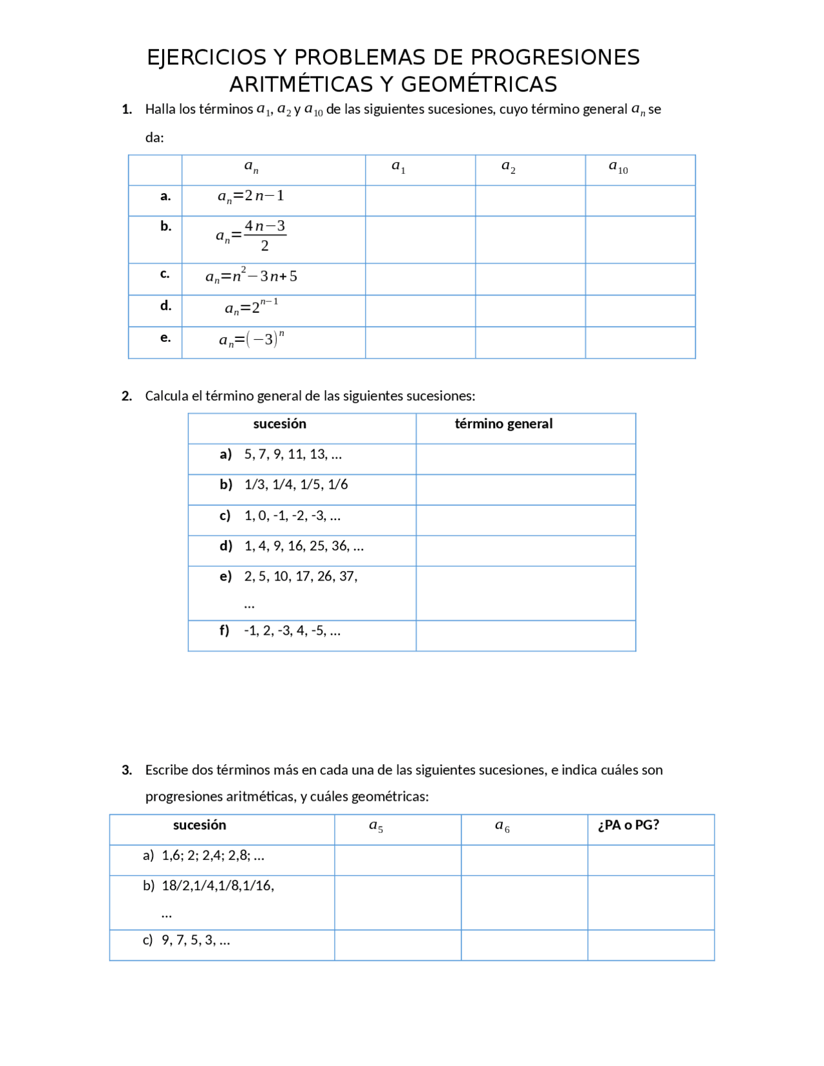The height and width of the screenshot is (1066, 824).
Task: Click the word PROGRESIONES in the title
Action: [x=555, y=58]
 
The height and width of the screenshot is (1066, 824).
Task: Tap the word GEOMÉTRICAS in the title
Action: [x=479, y=84]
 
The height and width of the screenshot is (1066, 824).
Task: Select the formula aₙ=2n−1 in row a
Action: [x=251, y=196]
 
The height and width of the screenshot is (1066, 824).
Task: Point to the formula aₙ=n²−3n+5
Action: [x=251, y=277]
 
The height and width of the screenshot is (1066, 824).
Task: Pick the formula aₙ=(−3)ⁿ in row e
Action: [x=252, y=339]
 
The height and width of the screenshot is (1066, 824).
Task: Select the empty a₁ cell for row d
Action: [x=420, y=311]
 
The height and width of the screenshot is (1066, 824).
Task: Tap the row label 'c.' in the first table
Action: [x=165, y=274]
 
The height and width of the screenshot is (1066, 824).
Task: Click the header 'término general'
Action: [x=503, y=424]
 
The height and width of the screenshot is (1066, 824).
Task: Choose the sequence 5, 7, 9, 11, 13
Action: [x=293, y=454]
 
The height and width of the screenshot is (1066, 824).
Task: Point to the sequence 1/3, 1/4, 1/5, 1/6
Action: [x=296, y=485]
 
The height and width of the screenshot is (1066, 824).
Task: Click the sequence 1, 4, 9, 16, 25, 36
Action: [x=304, y=546]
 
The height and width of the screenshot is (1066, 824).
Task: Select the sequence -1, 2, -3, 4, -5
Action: [x=292, y=631]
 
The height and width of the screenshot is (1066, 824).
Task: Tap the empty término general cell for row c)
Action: [x=525, y=520]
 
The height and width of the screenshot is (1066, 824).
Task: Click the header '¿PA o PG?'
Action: [x=628, y=825]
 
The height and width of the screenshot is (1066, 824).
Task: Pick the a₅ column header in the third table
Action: [x=376, y=826]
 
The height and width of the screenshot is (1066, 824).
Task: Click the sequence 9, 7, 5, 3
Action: [x=196, y=940]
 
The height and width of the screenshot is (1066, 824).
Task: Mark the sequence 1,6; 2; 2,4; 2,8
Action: [x=213, y=856]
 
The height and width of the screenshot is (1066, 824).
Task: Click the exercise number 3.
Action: [x=127, y=770]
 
